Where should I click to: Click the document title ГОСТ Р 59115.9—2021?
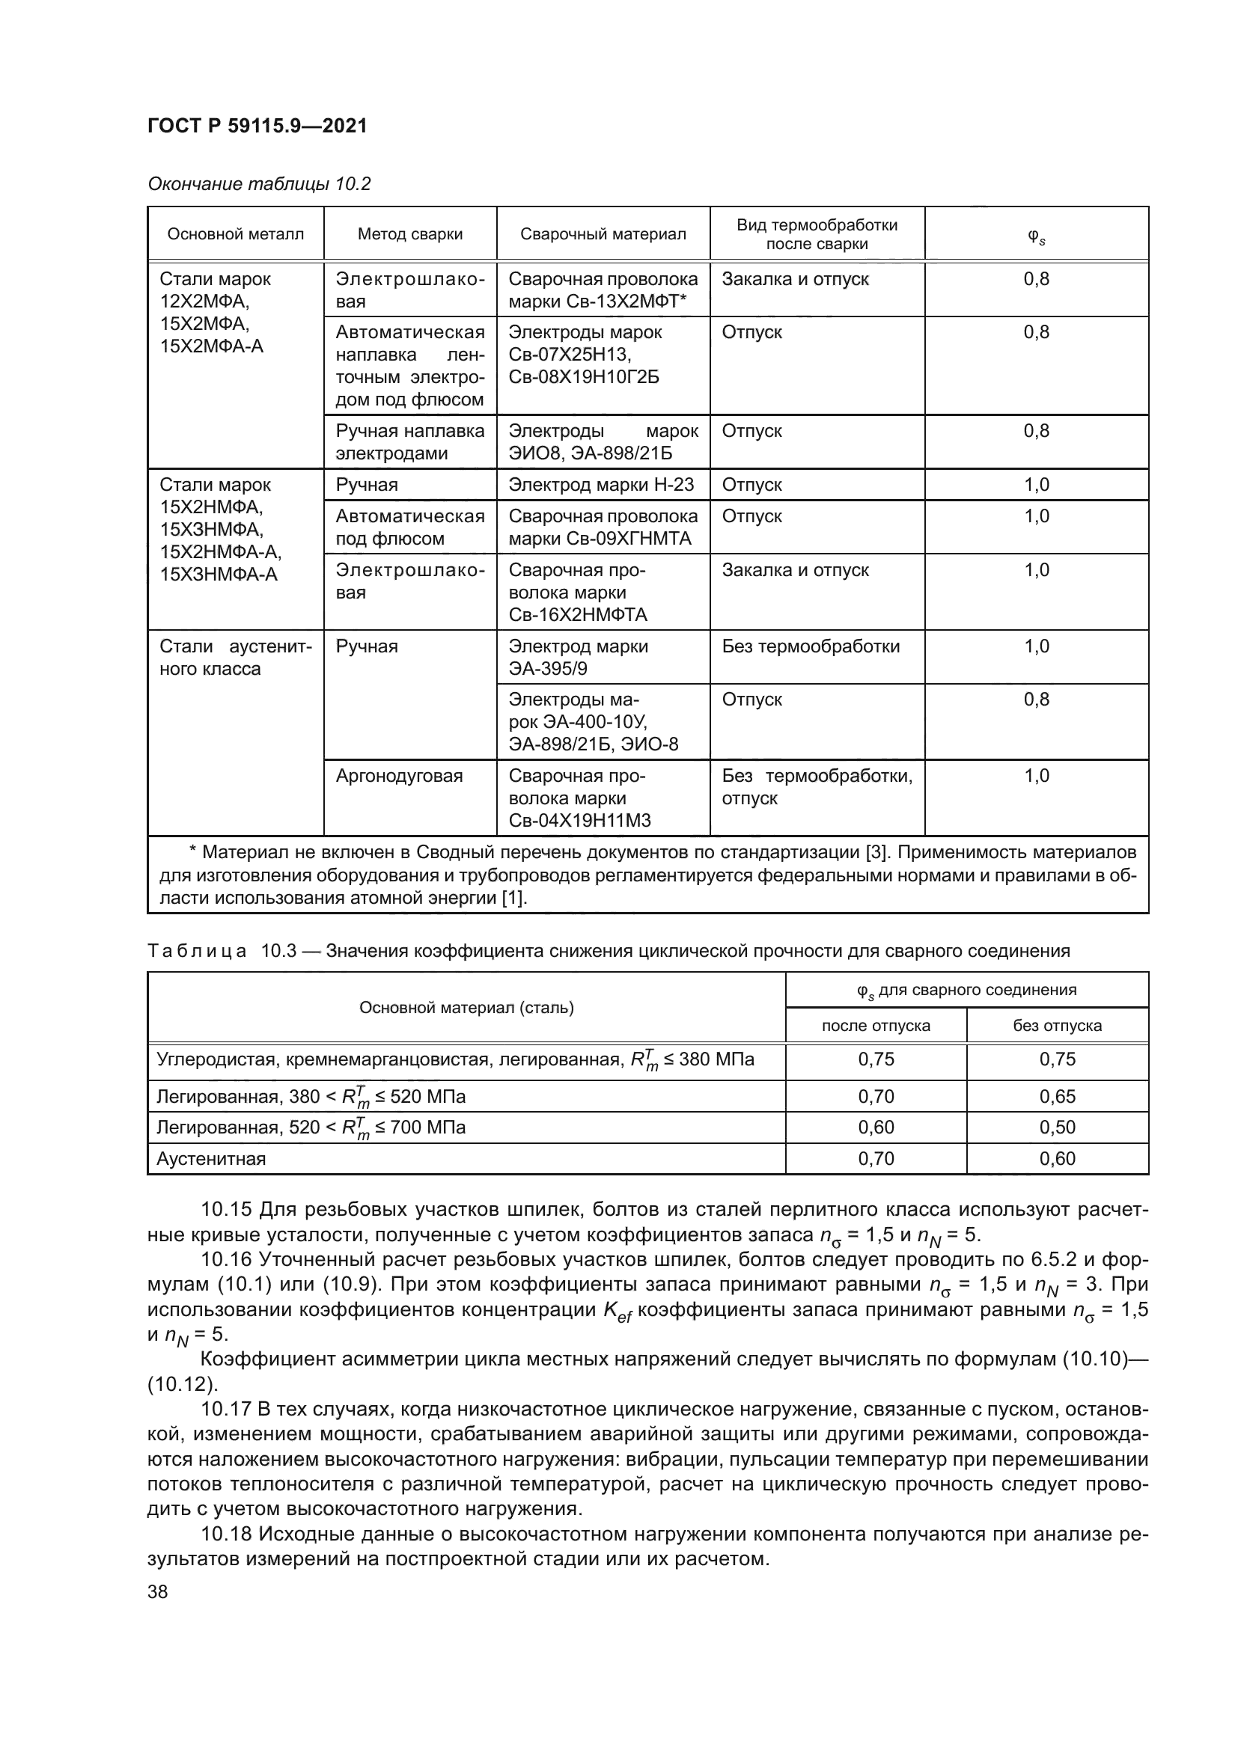pos(257,126)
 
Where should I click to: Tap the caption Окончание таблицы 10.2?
pos(259,184)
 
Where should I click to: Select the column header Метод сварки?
pos(410,234)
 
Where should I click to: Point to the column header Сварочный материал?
pos(603,234)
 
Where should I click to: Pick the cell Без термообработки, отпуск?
pos(817,786)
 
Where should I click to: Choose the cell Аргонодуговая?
pos(400,776)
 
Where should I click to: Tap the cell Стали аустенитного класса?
pos(236,657)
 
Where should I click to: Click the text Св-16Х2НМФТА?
pos(578,614)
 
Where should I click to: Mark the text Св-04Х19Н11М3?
pos(579,820)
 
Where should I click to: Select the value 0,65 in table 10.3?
pos(1058,1096)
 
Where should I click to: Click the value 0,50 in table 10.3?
pos(1058,1127)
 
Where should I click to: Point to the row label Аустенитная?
pos(211,1158)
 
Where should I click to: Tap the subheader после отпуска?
pos(876,1025)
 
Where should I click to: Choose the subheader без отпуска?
pos(1058,1025)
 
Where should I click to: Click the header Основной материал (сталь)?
pos(466,1007)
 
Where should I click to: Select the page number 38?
pos(158,1591)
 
